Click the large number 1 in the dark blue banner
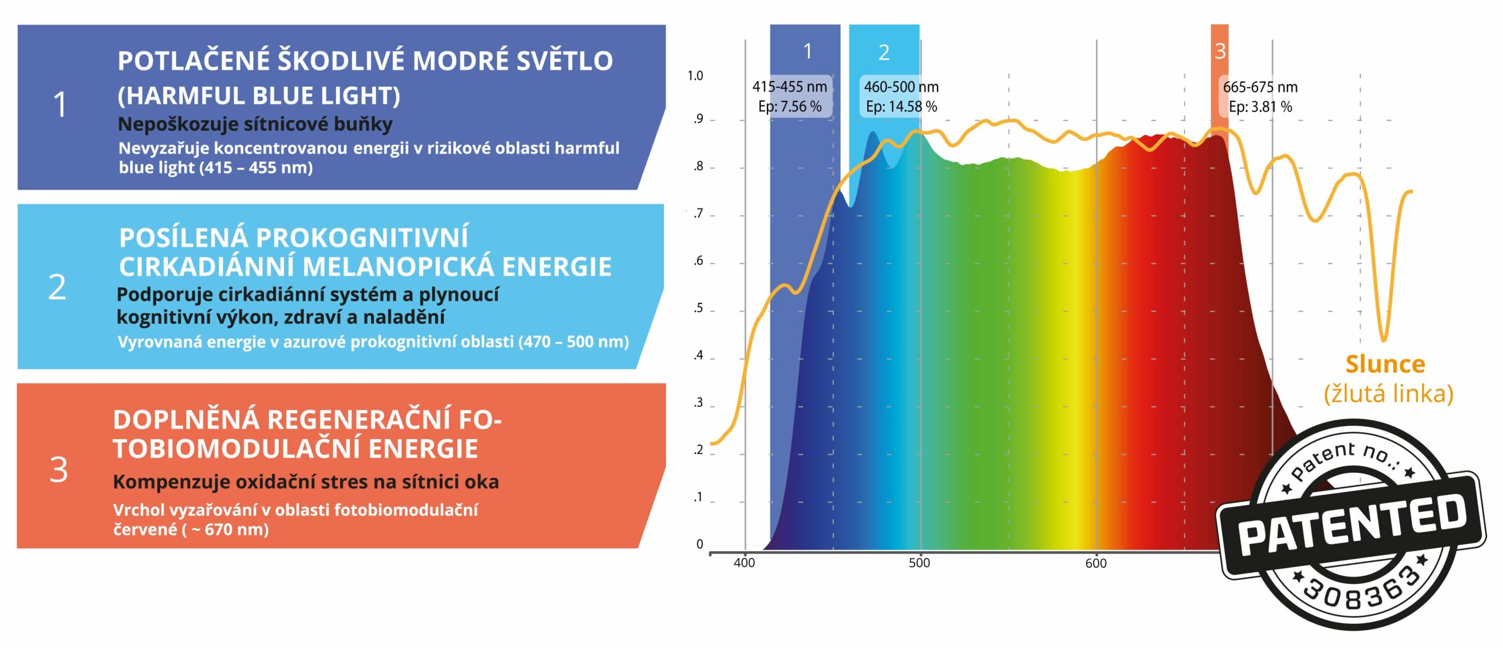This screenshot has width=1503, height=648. click(x=60, y=105)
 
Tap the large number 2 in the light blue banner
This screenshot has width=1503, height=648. click(x=57, y=287)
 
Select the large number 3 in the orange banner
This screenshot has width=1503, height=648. click(x=59, y=469)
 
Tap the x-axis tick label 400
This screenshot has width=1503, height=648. click(x=744, y=563)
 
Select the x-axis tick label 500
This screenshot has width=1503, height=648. click(x=919, y=563)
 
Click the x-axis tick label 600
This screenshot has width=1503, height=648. click(x=1096, y=563)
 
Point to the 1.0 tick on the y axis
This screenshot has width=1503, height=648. click(x=695, y=76)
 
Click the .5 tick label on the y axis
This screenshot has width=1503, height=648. click(x=697, y=308)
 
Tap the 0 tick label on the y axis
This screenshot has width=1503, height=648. click(x=699, y=544)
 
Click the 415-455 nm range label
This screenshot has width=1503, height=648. click(x=790, y=87)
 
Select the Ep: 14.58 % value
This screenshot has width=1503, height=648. click(x=901, y=107)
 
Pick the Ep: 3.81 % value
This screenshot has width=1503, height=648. click(x=1261, y=107)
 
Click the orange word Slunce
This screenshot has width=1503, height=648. click(x=1385, y=364)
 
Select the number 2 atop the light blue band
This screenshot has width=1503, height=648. click(x=884, y=53)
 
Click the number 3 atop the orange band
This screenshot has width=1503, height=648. click(x=1220, y=52)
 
